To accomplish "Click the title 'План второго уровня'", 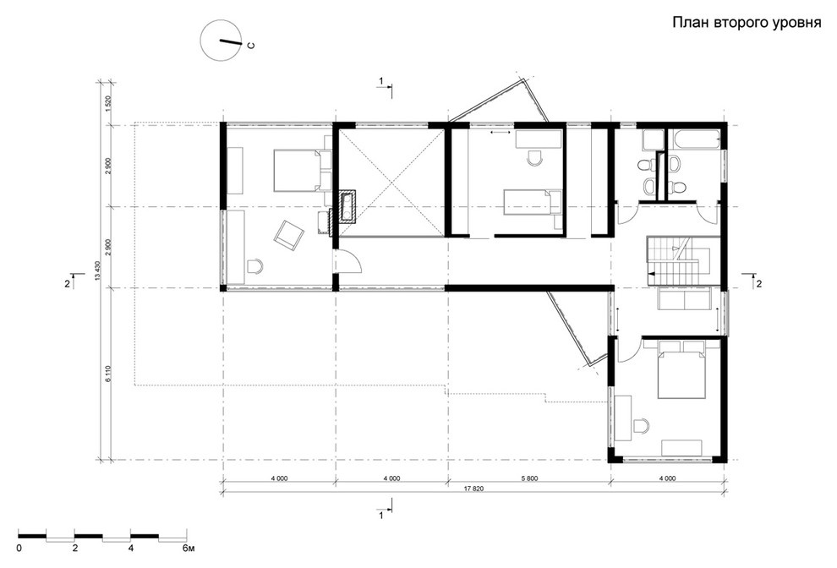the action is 746,23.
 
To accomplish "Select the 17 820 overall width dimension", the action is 473,488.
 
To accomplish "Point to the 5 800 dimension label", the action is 528,478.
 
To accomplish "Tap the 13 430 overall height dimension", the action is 97,270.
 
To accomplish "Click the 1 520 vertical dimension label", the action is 107,103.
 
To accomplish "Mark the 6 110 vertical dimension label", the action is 107,374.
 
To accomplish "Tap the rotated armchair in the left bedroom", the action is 289,235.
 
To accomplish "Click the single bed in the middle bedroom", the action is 532,204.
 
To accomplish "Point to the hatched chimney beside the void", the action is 347,206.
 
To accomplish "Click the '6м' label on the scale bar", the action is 189,549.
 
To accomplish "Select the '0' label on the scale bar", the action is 19,549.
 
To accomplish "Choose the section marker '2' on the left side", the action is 68,283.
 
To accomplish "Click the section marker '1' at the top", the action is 381,80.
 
